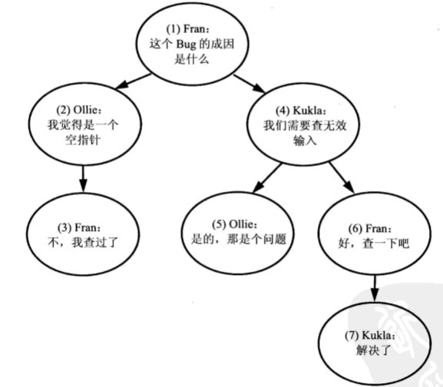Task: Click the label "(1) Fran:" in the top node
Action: click(188, 29)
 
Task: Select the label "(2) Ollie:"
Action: click(79, 110)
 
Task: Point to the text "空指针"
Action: click(83, 140)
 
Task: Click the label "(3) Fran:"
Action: click(79, 227)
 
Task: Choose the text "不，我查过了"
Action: click(83, 243)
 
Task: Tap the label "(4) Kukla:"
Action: click(301, 111)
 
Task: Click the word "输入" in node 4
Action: click(305, 141)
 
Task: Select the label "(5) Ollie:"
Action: click(235, 224)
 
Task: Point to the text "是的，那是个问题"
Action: click(239, 240)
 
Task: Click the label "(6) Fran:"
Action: click(370, 228)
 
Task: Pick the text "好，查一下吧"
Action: click(373, 243)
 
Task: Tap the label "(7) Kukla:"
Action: click(370, 336)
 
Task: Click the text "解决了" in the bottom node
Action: click(373, 351)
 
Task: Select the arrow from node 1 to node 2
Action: click(134, 81)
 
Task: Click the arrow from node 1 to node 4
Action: click(250, 84)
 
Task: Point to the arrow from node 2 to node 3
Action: click(83, 179)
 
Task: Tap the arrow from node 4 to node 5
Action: click(267, 178)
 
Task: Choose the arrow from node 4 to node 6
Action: click(342, 177)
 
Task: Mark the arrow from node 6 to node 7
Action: click(375, 288)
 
